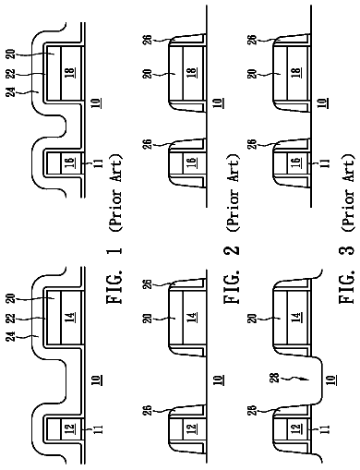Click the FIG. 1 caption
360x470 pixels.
tap(114, 275)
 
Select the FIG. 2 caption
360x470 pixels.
tap(231, 275)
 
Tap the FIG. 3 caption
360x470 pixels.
tap(347, 275)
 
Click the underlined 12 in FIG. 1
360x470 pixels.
tap(69, 428)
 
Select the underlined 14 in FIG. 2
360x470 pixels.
tap(191, 317)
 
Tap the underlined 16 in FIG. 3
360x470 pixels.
tap(295, 162)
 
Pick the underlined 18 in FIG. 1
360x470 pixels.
tap(71, 72)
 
